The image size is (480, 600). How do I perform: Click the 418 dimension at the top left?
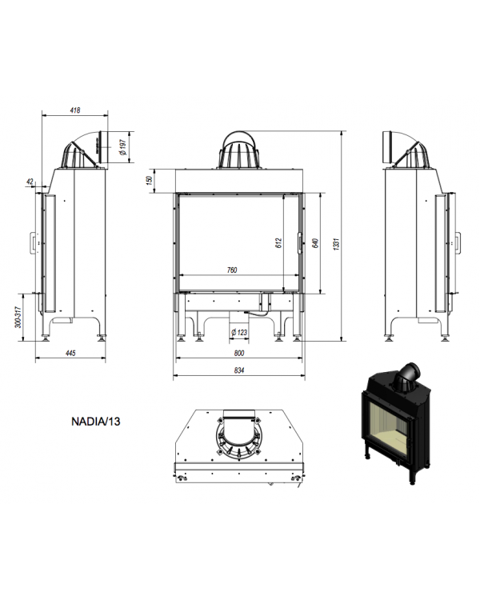(75, 110)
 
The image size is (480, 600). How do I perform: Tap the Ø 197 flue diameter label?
(123, 147)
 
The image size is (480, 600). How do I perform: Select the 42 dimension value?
(30, 182)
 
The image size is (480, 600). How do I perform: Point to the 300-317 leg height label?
(18, 317)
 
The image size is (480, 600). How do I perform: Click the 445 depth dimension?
(70, 353)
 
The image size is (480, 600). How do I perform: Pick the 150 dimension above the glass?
(150, 180)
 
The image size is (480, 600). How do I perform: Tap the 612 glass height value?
(278, 243)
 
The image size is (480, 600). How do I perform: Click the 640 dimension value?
(315, 243)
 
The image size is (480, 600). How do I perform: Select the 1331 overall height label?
(337, 244)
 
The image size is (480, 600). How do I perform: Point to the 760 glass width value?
(232, 270)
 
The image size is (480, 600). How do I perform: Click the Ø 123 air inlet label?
(239, 332)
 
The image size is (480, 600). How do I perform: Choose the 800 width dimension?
(239, 353)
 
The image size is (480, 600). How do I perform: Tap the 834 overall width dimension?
(239, 370)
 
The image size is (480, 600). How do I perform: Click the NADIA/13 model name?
(96, 422)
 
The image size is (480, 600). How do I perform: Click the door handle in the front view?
(300, 243)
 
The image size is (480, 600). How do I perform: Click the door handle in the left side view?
(34, 242)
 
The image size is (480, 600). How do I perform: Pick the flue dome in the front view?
(239, 150)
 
